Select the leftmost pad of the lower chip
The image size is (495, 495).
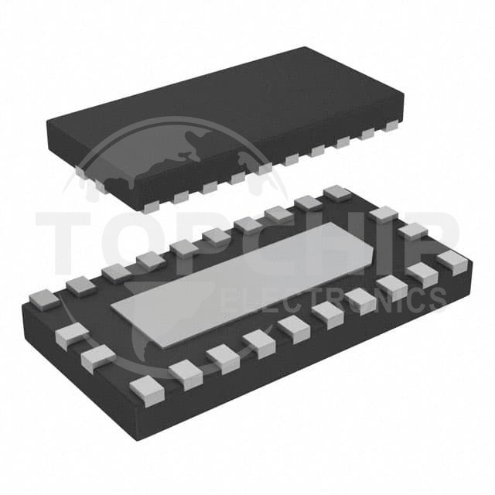tap(44, 299)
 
